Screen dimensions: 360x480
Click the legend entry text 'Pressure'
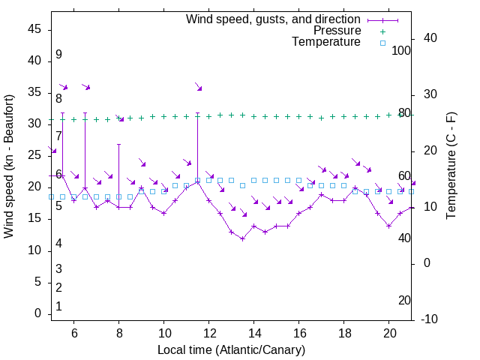point(337,31)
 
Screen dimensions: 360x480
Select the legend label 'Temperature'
point(326,42)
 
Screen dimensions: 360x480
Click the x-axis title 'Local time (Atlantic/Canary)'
point(231,350)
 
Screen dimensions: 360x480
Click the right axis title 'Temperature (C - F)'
point(451,166)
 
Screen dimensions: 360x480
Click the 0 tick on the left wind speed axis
point(38,314)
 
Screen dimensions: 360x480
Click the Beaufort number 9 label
point(58,55)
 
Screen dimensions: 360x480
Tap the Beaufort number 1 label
point(58,307)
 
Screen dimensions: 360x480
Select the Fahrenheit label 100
point(401,51)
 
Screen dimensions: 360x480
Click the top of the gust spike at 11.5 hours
point(197,114)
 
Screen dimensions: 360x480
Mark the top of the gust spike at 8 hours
point(118,144)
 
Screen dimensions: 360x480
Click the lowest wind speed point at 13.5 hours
point(242,238)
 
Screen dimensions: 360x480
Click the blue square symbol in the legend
point(382,43)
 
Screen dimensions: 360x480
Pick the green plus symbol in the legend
point(382,31)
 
